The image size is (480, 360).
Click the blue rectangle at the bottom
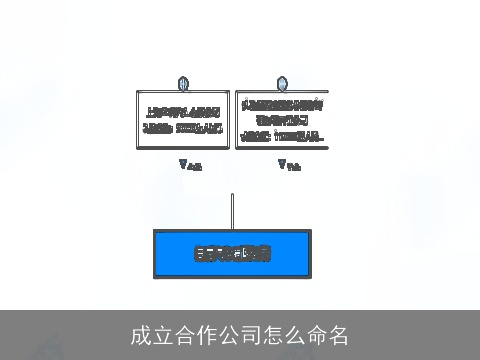[232, 253]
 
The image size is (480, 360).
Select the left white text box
[183, 119]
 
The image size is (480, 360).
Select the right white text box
[282, 120]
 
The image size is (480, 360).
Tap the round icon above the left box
[183, 83]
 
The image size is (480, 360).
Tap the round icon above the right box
[282, 83]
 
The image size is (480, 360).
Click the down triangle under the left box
[183, 163]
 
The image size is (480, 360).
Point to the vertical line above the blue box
[232, 211]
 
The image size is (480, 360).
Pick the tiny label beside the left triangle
[194, 166]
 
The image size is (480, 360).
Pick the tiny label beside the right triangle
[293, 166]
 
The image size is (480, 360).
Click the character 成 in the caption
[141, 335]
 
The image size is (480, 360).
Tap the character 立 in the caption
[163, 335]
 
